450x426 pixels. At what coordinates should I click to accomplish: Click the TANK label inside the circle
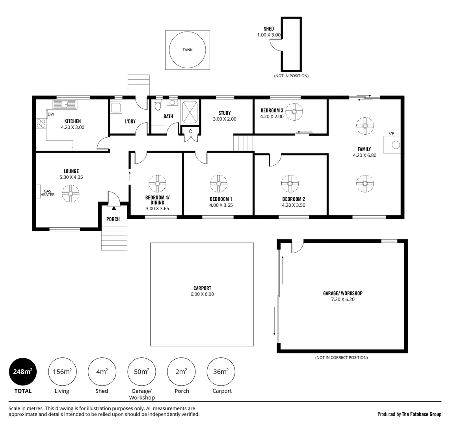188,50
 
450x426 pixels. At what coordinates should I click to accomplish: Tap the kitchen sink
65,105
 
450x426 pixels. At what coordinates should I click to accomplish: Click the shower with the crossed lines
190,112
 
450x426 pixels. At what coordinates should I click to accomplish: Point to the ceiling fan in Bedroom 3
294,112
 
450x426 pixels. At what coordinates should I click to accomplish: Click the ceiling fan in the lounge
71,194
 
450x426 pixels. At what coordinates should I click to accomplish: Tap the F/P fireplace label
391,133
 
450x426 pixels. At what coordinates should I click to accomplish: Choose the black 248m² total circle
23,372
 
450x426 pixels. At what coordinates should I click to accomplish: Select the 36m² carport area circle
221,372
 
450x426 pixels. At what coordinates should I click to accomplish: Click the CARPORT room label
202,288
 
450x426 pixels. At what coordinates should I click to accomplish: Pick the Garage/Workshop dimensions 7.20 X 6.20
343,299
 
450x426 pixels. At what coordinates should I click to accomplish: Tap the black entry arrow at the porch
114,208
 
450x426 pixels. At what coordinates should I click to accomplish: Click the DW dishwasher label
51,114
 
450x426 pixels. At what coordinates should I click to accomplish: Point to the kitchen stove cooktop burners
41,123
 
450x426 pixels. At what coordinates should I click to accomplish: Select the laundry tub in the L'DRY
116,107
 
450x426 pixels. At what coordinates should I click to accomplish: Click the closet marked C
190,134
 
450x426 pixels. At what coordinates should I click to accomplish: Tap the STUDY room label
225,113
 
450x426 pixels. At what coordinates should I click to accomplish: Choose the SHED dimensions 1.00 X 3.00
269,35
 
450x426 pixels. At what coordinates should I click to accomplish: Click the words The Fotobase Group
422,414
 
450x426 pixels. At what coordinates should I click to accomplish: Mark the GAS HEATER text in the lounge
47,193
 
